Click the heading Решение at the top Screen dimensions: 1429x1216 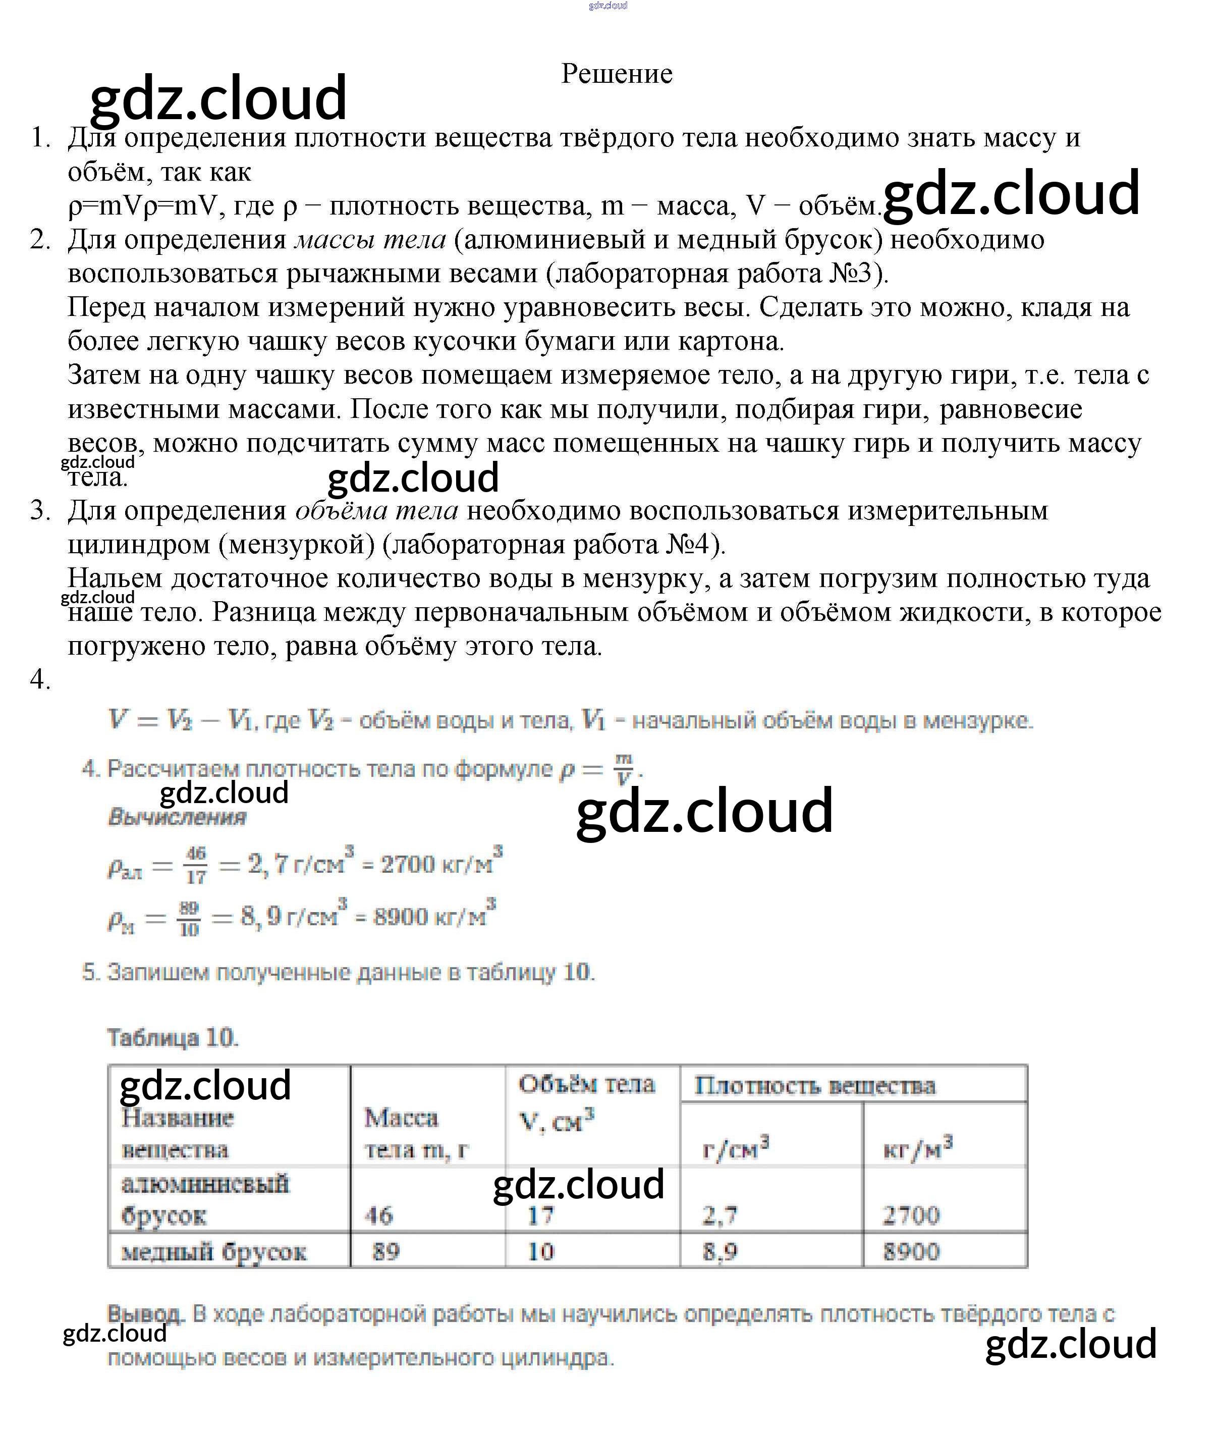616,74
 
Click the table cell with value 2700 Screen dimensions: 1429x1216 911,1214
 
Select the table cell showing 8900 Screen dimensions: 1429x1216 911,1251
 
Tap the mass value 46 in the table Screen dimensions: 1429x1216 378,1214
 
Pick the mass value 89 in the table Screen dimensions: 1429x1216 385,1251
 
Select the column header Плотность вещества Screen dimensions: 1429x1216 815,1086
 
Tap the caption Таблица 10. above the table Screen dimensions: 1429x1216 173,1037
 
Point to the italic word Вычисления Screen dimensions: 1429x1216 177,817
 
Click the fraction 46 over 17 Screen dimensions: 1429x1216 196,865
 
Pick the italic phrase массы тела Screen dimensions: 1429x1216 370,239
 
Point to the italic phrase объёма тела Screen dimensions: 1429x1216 376,510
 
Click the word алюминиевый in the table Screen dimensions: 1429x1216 205,1184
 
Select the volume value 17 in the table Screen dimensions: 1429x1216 540,1214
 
